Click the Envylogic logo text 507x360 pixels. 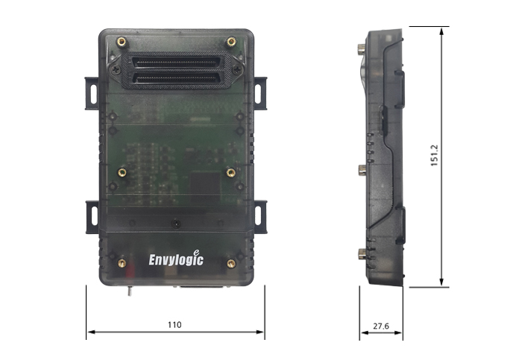click(x=176, y=259)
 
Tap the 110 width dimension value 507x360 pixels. click(x=174, y=325)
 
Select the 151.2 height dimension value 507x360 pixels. click(x=434, y=156)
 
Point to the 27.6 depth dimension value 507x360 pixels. click(x=381, y=326)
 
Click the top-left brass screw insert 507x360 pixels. click(x=122, y=41)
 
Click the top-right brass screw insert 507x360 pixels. click(x=231, y=41)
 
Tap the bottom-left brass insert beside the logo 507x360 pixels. click(x=122, y=263)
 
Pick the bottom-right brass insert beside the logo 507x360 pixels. click(x=231, y=263)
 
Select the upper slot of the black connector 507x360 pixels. click(x=175, y=63)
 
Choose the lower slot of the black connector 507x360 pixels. click(x=175, y=78)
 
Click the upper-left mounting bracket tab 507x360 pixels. click(x=92, y=93)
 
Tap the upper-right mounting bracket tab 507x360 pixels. click(x=260, y=93)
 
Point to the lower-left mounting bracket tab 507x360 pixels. click(x=92, y=217)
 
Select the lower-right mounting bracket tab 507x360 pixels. click(x=261, y=217)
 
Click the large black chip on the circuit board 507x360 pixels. click(x=205, y=186)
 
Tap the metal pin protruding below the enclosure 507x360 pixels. click(x=129, y=291)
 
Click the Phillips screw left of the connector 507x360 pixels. click(x=116, y=69)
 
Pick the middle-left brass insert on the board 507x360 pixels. click(x=122, y=172)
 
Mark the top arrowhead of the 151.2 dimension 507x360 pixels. click(x=442, y=31)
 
